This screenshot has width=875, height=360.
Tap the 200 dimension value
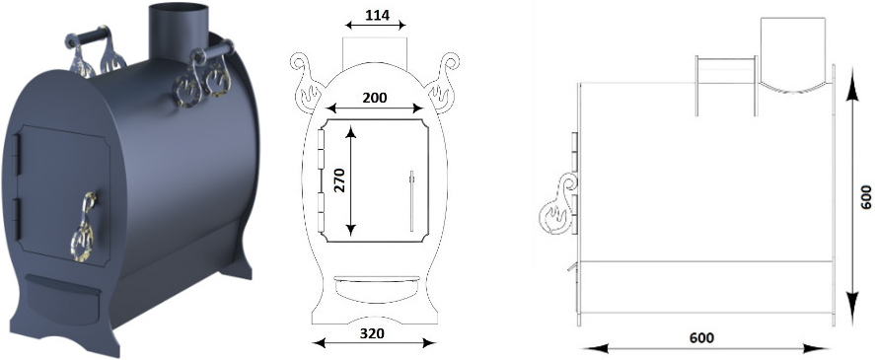(375, 98)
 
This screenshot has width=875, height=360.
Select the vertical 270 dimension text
(339, 180)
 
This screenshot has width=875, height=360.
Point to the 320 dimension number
(372, 333)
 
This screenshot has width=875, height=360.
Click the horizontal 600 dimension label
(701, 337)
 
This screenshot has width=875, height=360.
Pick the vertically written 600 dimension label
(865, 196)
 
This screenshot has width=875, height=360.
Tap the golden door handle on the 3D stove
(83, 228)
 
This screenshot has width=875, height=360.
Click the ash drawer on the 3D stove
(62, 294)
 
